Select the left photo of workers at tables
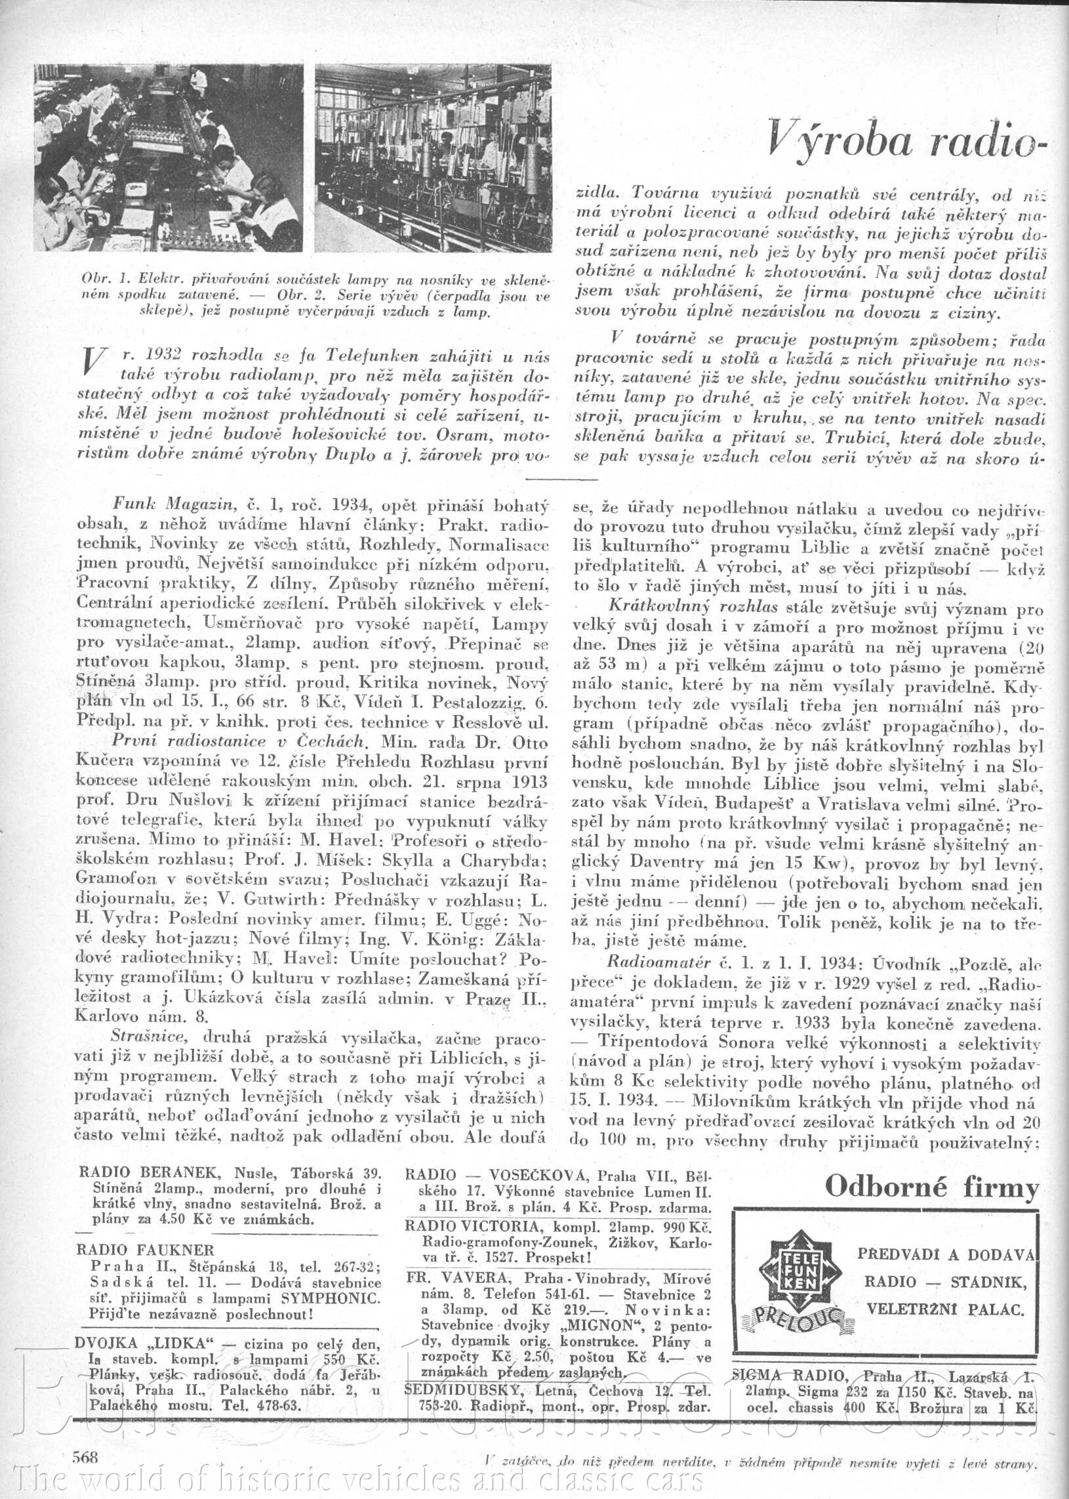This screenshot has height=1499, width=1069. point(169,157)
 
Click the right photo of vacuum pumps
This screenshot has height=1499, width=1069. point(432,157)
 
